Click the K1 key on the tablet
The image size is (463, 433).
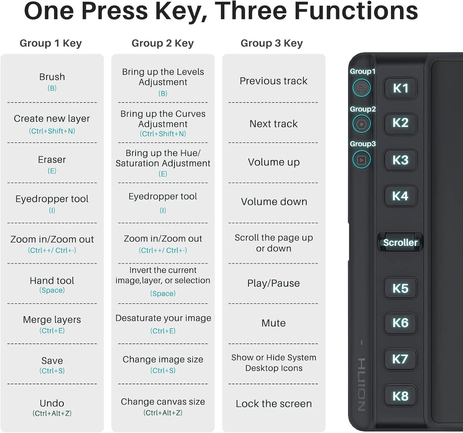(400, 88)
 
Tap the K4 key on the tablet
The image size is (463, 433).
(400, 196)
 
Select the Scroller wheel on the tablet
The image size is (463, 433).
(400, 242)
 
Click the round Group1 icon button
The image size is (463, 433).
(361, 88)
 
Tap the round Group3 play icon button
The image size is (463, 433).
(361, 159)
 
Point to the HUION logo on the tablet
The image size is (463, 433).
(361, 385)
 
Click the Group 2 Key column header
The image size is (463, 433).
(163, 43)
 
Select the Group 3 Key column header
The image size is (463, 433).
(272, 43)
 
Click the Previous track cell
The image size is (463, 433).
(274, 81)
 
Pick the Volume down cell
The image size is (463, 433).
(274, 202)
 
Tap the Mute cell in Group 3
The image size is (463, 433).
(274, 323)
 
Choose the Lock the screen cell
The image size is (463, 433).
(274, 404)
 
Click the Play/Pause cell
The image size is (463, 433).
(274, 283)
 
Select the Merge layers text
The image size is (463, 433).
(52, 319)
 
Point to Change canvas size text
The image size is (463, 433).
(163, 402)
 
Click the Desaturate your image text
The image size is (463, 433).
(163, 318)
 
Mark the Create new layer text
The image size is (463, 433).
(52, 118)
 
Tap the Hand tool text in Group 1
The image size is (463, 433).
(52, 281)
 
